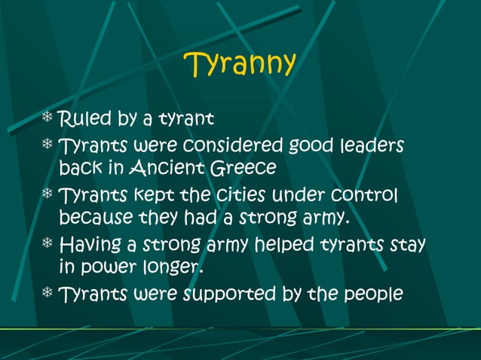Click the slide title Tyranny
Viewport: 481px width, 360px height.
coord(240,65)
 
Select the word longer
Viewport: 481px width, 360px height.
coord(176,267)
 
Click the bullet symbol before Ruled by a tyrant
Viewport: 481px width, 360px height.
coord(48,118)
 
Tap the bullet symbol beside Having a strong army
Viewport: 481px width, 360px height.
coord(48,245)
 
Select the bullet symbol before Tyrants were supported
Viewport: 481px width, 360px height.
coord(48,293)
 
